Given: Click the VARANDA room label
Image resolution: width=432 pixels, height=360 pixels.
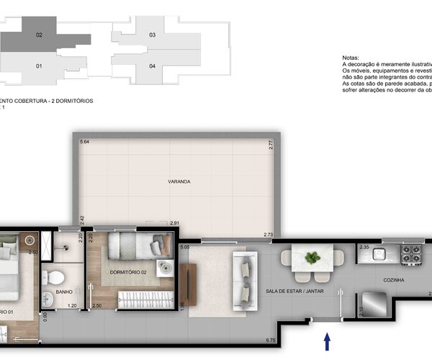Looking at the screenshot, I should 179,181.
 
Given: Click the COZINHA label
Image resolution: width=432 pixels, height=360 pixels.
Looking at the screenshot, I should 394,280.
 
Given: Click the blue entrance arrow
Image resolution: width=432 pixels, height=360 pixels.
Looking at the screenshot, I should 328,339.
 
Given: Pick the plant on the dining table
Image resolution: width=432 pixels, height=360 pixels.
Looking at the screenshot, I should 312,257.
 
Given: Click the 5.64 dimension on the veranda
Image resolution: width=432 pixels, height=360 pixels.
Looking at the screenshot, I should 84,143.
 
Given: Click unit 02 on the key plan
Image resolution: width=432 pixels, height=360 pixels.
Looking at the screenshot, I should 39,35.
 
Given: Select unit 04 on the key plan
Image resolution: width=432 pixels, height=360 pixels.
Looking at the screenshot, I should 152,66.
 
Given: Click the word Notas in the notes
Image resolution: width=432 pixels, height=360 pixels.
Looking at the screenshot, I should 350,58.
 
